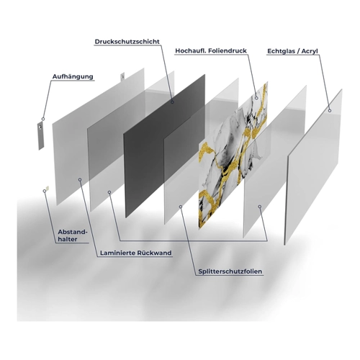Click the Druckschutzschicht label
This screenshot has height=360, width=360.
pos(127,42)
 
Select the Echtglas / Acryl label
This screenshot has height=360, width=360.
pos(292,51)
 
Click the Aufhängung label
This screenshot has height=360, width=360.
pos(73,76)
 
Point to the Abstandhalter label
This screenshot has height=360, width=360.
pos(73,235)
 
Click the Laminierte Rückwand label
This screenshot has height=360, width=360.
pos(136,253)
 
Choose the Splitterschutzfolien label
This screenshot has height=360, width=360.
pos(230,271)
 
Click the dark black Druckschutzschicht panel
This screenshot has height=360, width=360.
pos(163,146)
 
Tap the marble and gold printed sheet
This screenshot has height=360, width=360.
pos(233,156)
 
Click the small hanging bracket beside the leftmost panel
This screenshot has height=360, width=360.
pos(41,135)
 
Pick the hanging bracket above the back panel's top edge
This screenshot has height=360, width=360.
pos(122,76)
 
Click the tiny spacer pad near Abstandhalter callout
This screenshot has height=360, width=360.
pos(48,188)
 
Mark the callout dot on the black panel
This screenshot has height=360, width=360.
pos(172,102)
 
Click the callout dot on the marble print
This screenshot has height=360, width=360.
pos(256,98)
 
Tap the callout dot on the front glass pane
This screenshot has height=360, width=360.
pos(330,111)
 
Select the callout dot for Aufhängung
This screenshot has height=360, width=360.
pos(43,119)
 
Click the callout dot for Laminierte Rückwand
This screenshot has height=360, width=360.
pos(80,179)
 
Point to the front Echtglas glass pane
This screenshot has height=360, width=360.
pos(313,168)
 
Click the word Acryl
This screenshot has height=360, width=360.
pos(310,51)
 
